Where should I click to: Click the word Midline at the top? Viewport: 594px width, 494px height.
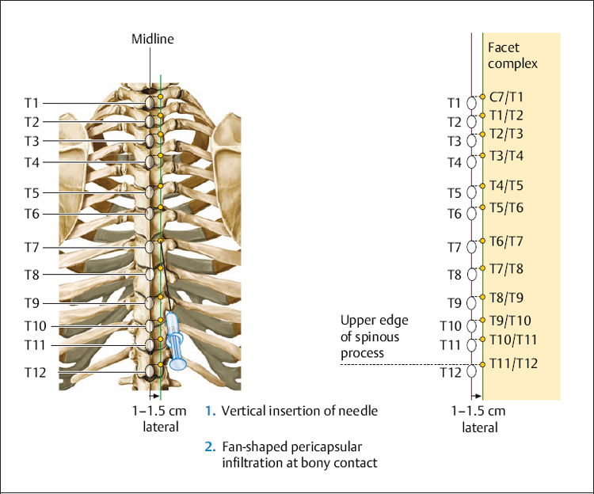tap(152, 38)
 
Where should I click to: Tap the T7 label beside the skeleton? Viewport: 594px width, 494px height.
tap(32, 248)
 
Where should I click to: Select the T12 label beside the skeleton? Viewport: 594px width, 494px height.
tap(36, 373)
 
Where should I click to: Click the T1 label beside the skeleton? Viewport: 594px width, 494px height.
tap(32, 103)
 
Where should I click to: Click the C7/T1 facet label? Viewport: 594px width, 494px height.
tap(506, 97)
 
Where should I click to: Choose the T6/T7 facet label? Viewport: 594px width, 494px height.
tap(506, 241)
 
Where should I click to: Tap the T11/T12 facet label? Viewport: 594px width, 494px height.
tap(514, 363)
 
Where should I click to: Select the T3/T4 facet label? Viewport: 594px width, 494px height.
tap(506, 155)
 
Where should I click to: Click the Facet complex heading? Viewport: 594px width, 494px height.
tap(512, 55)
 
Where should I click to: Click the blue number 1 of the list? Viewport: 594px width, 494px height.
tap(209, 411)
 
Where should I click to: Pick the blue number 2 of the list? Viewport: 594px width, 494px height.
tap(209, 446)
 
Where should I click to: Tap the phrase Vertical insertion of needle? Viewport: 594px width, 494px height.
tap(299, 411)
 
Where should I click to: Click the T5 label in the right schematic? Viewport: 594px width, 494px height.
tap(454, 192)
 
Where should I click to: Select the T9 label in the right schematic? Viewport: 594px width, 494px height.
tap(454, 302)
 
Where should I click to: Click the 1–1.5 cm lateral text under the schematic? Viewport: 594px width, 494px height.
tap(479, 420)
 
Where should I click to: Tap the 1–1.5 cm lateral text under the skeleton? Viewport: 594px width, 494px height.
tap(161, 419)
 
